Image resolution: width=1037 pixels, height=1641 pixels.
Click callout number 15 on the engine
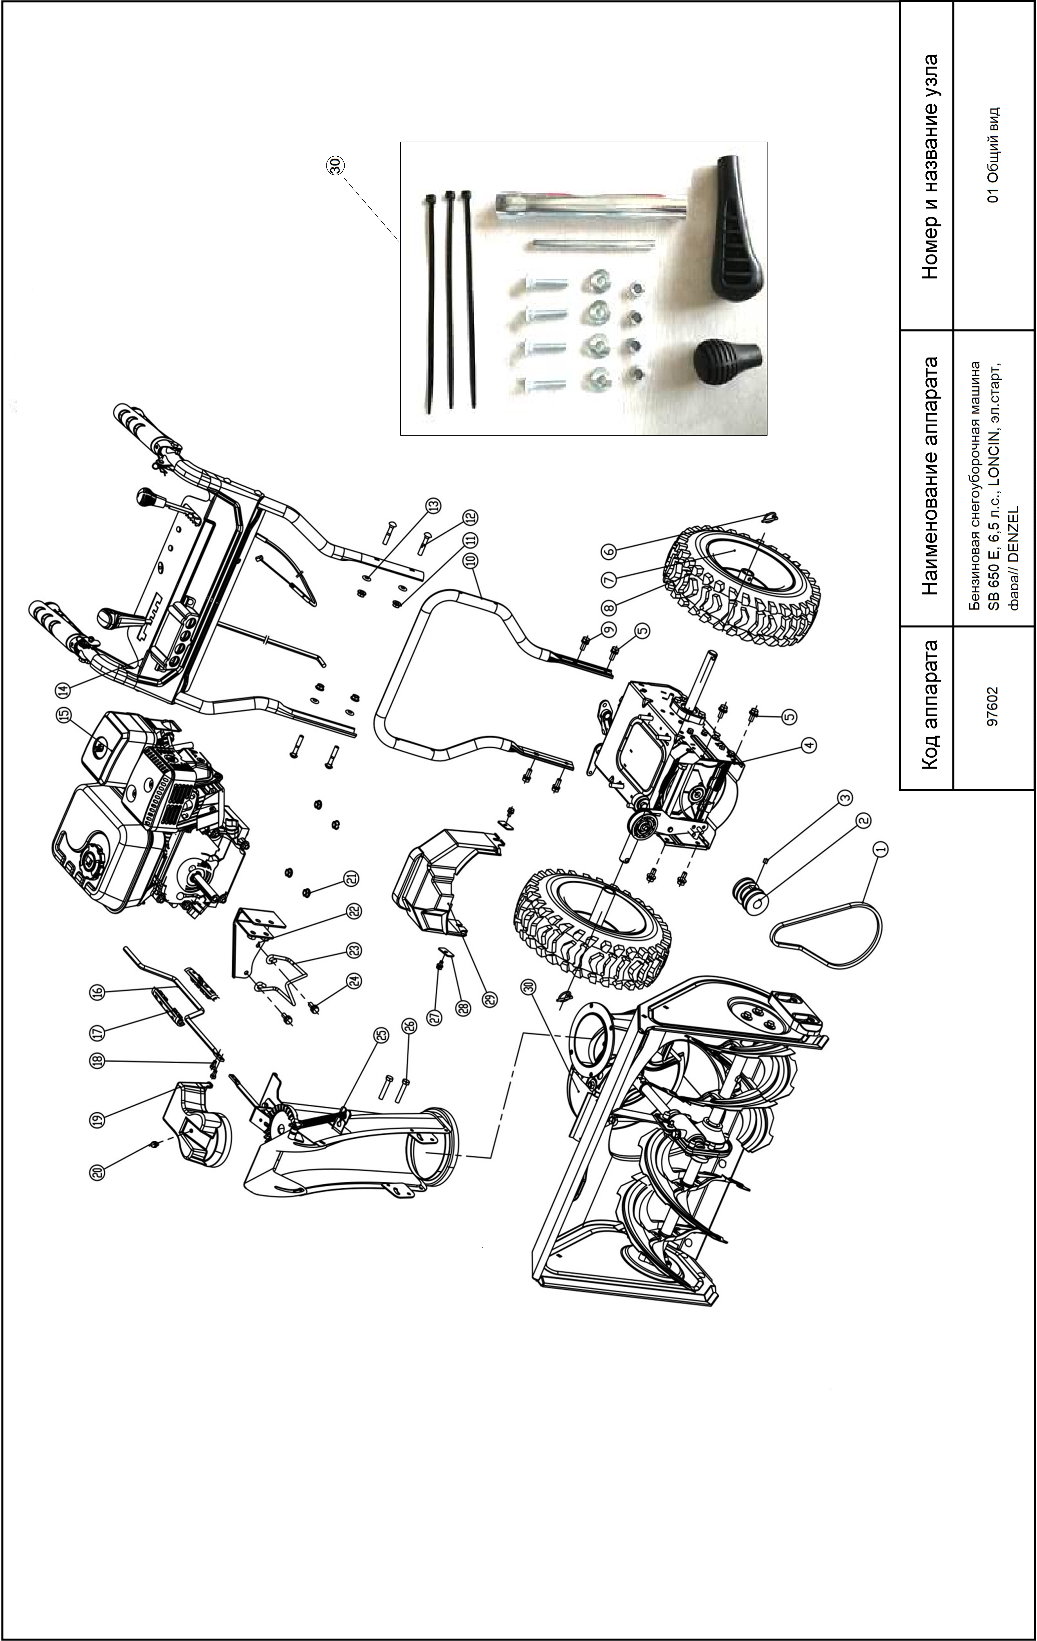[x=64, y=716]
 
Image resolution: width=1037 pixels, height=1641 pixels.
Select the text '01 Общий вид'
[x=993, y=155]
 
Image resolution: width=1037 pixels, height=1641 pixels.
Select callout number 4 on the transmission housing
[x=808, y=746]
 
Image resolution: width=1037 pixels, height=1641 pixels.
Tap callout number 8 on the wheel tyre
[x=609, y=606]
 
